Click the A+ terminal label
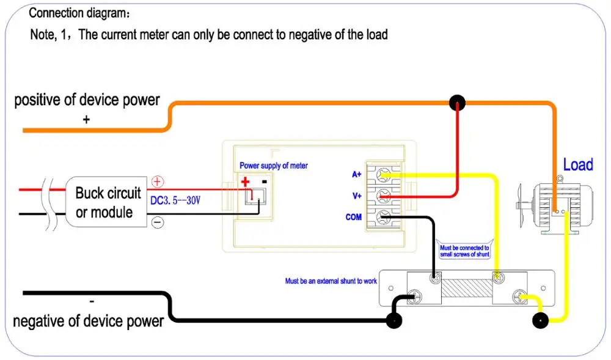(x=357, y=174)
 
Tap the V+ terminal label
(x=357, y=196)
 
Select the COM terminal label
(x=354, y=217)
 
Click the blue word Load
(x=577, y=165)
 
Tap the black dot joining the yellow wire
(x=541, y=320)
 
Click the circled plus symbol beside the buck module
(x=158, y=182)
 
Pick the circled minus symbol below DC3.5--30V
(x=158, y=223)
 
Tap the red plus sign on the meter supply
(x=246, y=182)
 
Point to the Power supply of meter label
(x=273, y=166)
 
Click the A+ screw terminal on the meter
(x=384, y=175)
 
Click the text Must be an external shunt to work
(x=331, y=281)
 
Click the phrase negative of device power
(x=88, y=321)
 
